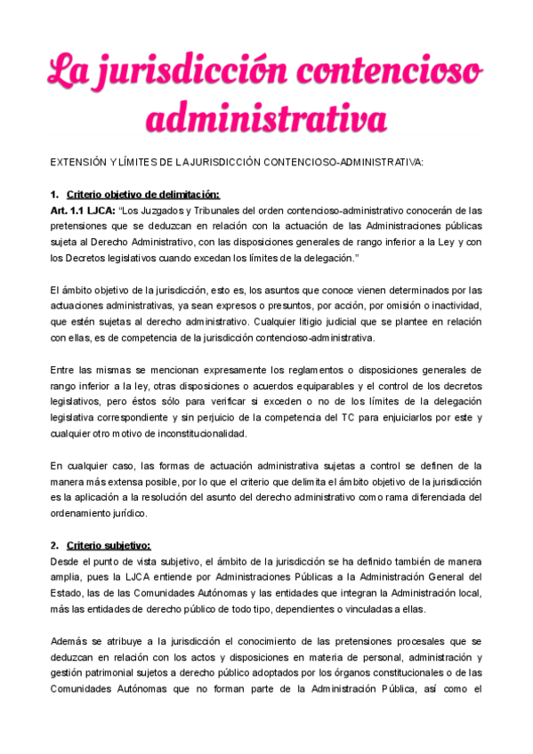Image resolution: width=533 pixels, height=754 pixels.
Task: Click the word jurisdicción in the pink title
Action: [198, 69]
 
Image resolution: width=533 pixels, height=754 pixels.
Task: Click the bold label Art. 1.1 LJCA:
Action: [84, 211]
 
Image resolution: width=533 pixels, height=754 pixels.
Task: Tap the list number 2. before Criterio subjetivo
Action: [54, 545]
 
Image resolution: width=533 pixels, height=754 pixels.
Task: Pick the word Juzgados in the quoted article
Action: [182, 211]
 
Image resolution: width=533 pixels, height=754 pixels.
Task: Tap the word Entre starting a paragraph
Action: [63, 369]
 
